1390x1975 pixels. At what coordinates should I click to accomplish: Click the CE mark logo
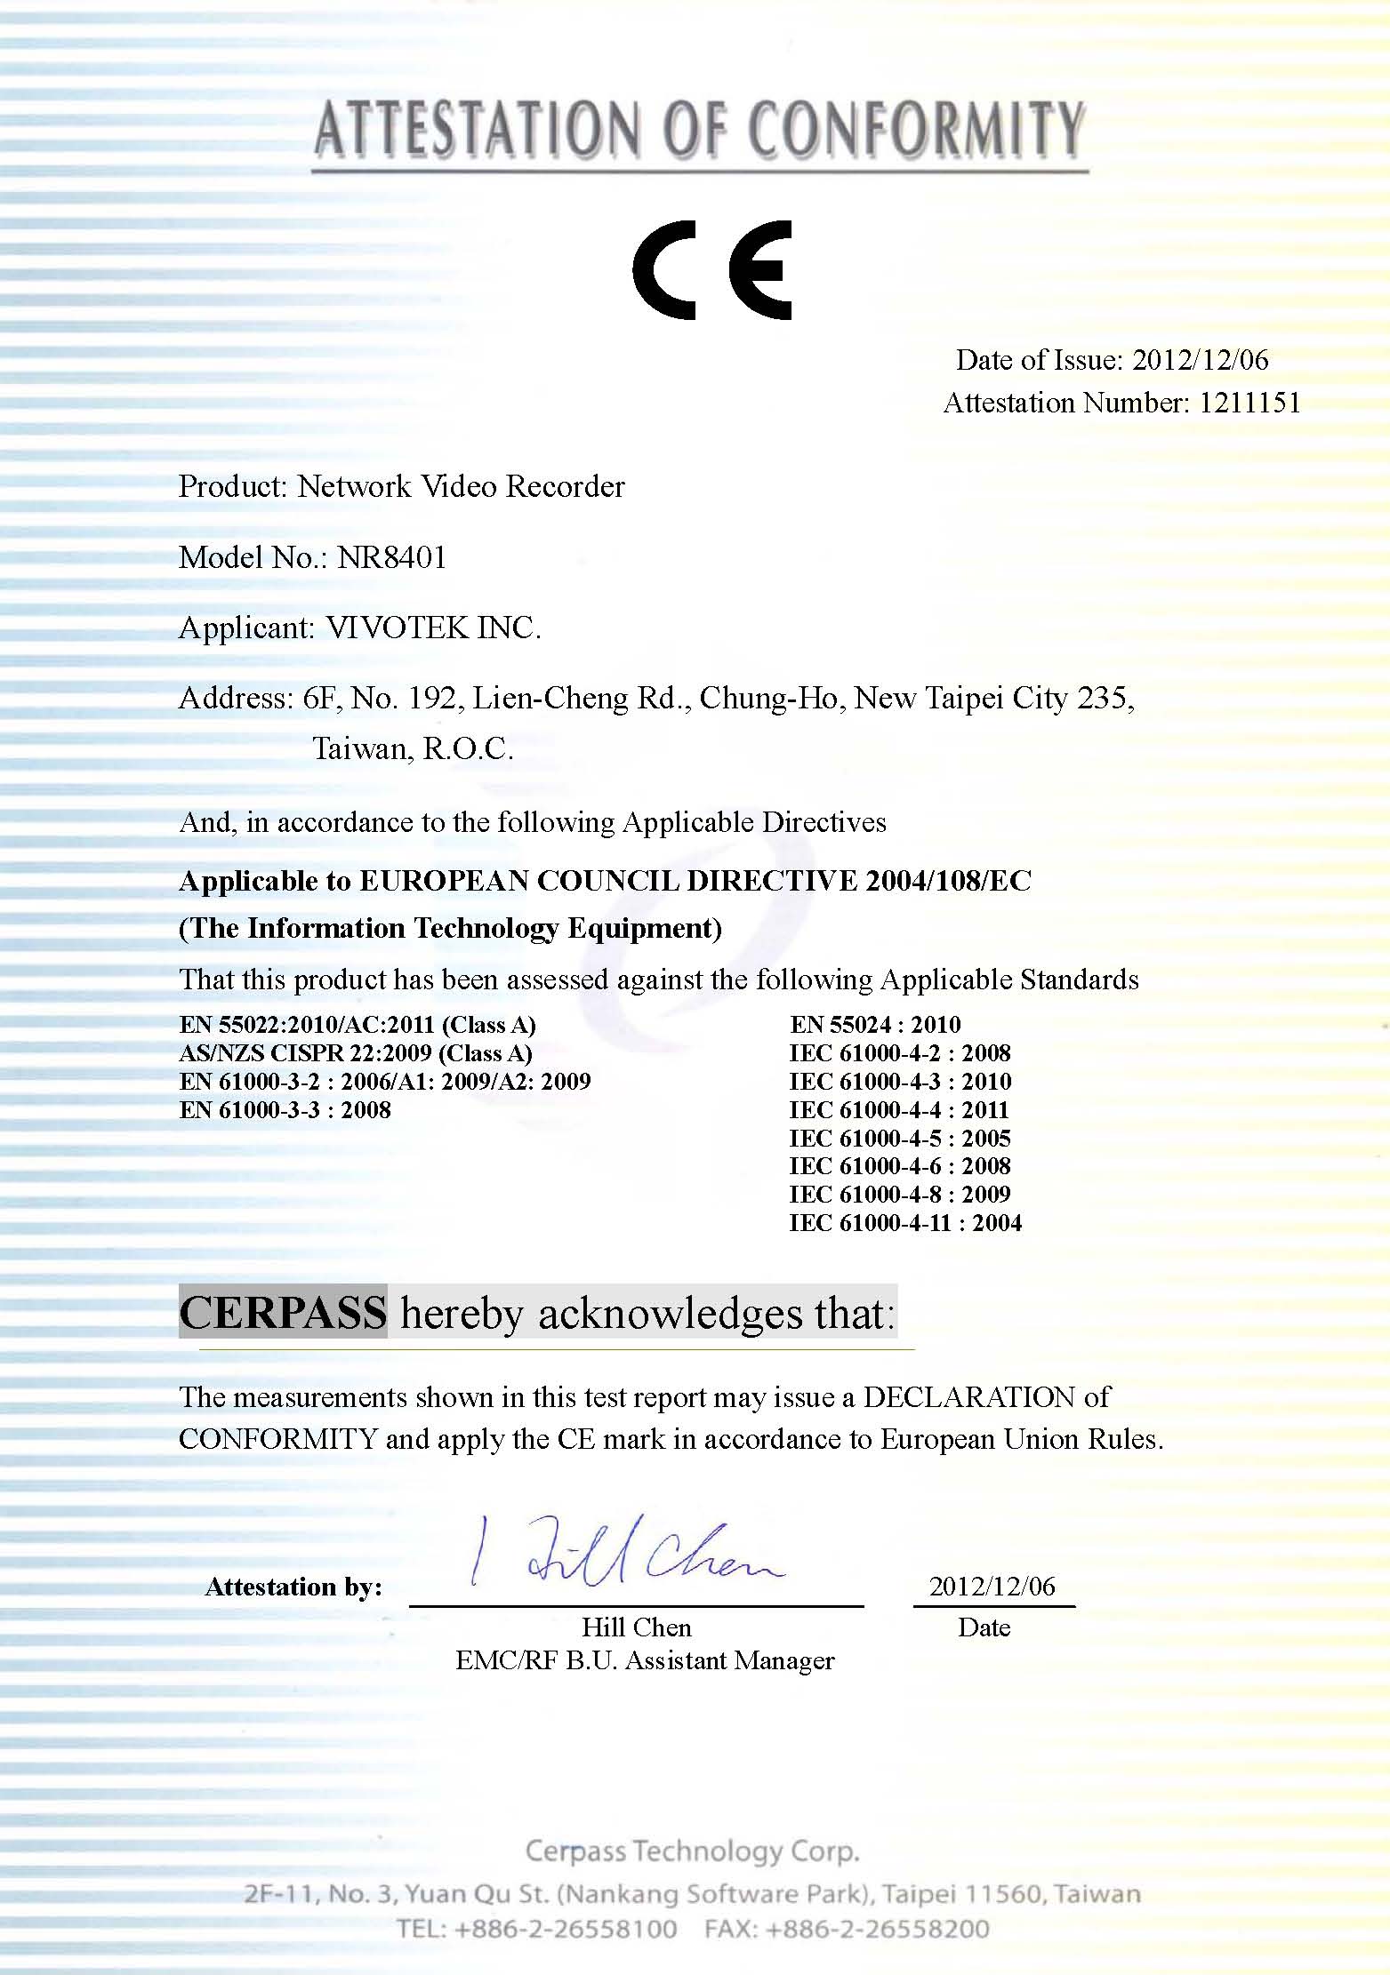tap(711, 270)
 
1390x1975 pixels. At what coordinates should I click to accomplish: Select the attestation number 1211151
tap(1249, 403)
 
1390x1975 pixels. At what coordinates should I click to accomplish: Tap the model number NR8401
tap(392, 557)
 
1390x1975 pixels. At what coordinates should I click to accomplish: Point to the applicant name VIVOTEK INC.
tap(433, 628)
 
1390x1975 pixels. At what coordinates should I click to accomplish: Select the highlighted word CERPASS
tap(283, 1312)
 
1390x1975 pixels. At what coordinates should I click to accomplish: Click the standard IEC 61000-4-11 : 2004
tap(905, 1223)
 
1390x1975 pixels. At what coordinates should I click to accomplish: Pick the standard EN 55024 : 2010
tap(875, 1025)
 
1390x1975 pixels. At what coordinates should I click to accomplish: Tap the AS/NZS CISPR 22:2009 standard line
tap(356, 1053)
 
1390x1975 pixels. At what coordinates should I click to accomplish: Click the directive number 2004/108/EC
tap(948, 881)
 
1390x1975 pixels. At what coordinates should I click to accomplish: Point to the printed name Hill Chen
tap(636, 1627)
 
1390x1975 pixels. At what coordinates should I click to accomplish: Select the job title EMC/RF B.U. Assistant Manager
tap(645, 1660)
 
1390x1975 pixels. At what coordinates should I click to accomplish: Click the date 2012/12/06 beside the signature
tap(992, 1587)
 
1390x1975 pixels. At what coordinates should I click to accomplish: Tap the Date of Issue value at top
tap(1201, 360)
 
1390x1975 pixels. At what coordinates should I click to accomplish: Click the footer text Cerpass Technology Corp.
tap(692, 1851)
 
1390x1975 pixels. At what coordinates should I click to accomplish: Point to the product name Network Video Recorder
tap(461, 486)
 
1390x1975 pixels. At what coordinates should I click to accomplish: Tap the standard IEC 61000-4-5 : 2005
tap(900, 1139)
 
